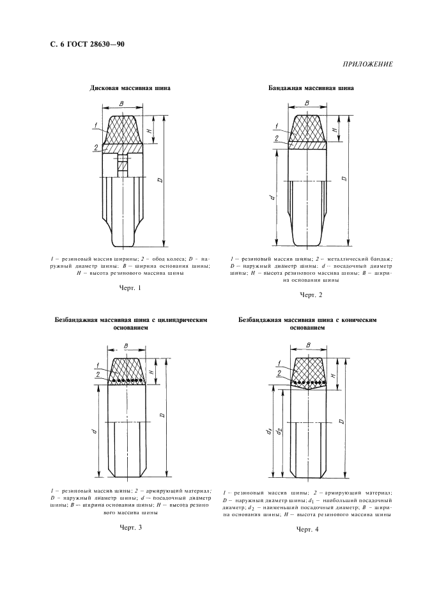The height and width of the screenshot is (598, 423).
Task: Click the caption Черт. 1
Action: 130,288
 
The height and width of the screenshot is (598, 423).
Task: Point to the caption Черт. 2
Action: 311,295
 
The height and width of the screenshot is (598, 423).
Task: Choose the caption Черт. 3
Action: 130,527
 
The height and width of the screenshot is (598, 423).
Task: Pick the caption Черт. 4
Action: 307,530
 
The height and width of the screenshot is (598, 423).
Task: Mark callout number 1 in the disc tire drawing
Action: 94,124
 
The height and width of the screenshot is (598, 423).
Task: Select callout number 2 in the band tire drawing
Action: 275,138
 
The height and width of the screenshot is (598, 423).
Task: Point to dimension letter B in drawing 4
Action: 309,344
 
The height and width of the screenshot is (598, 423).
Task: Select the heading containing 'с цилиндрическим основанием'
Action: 130,321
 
